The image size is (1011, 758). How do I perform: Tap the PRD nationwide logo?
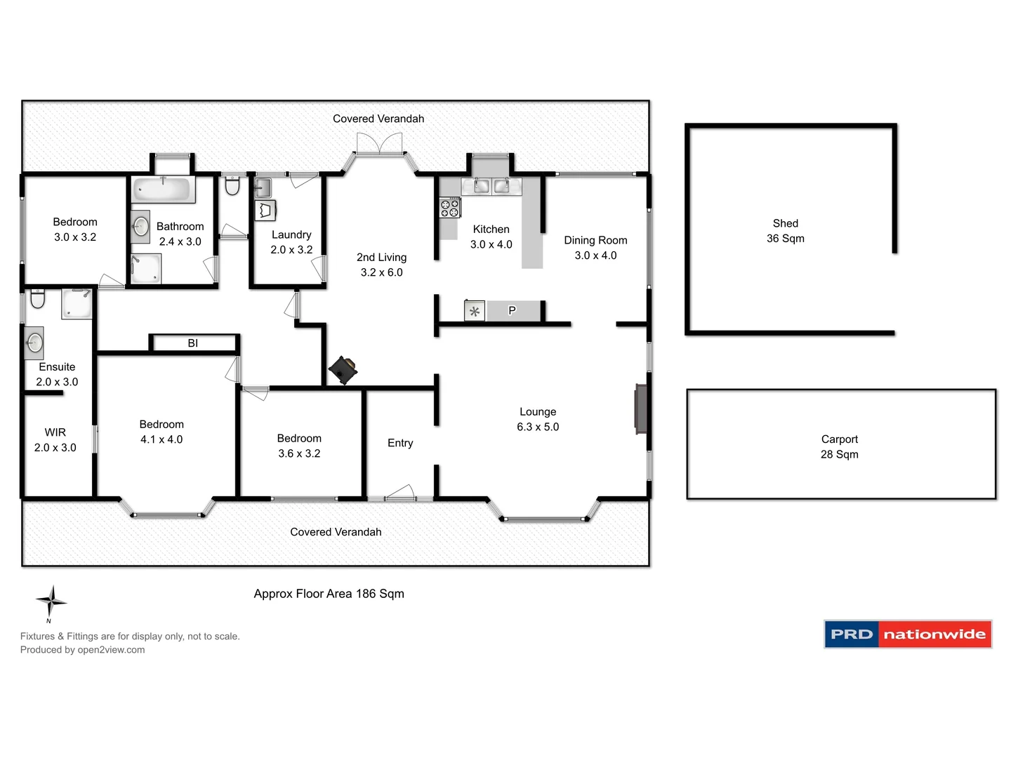tap(907, 634)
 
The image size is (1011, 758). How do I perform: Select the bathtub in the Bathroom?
tap(162, 189)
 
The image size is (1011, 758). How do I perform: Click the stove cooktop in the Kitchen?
tap(449, 208)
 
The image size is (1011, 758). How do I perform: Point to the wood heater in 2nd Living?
tap(343, 370)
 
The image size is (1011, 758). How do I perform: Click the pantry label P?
tap(512, 310)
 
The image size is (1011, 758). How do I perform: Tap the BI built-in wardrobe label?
tap(193, 343)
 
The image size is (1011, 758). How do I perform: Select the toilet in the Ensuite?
tap(37, 300)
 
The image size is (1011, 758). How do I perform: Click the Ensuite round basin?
tap(34, 343)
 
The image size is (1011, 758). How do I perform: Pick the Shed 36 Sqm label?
tap(785, 231)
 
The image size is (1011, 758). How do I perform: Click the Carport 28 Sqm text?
tap(839, 447)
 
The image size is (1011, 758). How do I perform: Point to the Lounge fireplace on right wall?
tap(641, 408)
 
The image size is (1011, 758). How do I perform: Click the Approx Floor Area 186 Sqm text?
tap(329, 594)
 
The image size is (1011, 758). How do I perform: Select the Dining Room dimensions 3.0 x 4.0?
tap(595, 255)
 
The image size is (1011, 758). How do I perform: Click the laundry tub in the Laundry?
tap(263, 188)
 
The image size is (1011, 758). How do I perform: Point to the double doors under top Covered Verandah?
tap(379, 145)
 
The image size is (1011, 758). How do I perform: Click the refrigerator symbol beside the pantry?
tap(475, 311)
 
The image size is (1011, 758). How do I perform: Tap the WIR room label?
tap(55, 432)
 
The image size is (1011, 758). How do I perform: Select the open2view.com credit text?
tap(83, 650)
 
